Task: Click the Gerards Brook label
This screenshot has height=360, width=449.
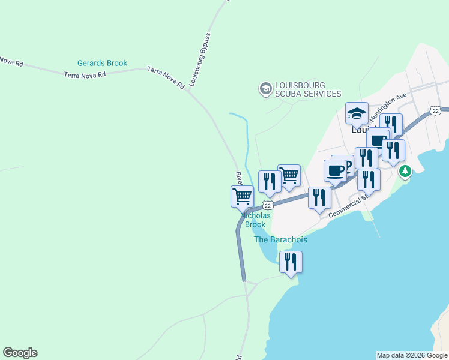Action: [x=102, y=63]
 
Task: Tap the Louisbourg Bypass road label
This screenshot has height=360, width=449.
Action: [x=200, y=60]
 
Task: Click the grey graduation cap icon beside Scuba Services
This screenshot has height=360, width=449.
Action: [x=265, y=89]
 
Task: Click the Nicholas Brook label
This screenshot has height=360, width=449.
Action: [x=253, y=220]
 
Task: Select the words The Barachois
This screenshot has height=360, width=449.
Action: [x=280, y=239]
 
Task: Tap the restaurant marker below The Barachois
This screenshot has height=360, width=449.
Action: [x=291, y=262]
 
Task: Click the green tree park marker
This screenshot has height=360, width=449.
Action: [x=406, y=172]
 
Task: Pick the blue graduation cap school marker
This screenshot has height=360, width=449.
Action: [x=357, y=113]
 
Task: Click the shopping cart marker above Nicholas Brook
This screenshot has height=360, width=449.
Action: [x=242, y=196]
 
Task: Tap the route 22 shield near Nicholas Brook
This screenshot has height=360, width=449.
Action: [x=268, y=205]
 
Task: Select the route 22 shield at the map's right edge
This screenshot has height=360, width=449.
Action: [x=435, y=110]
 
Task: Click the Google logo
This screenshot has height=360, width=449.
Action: [x=20, y=353]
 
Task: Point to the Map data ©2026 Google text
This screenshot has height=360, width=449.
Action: [x=412, y=355]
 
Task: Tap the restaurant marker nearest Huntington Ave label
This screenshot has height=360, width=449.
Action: [x=391, y=125]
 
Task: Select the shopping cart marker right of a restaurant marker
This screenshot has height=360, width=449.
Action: [x=289, y=175]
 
